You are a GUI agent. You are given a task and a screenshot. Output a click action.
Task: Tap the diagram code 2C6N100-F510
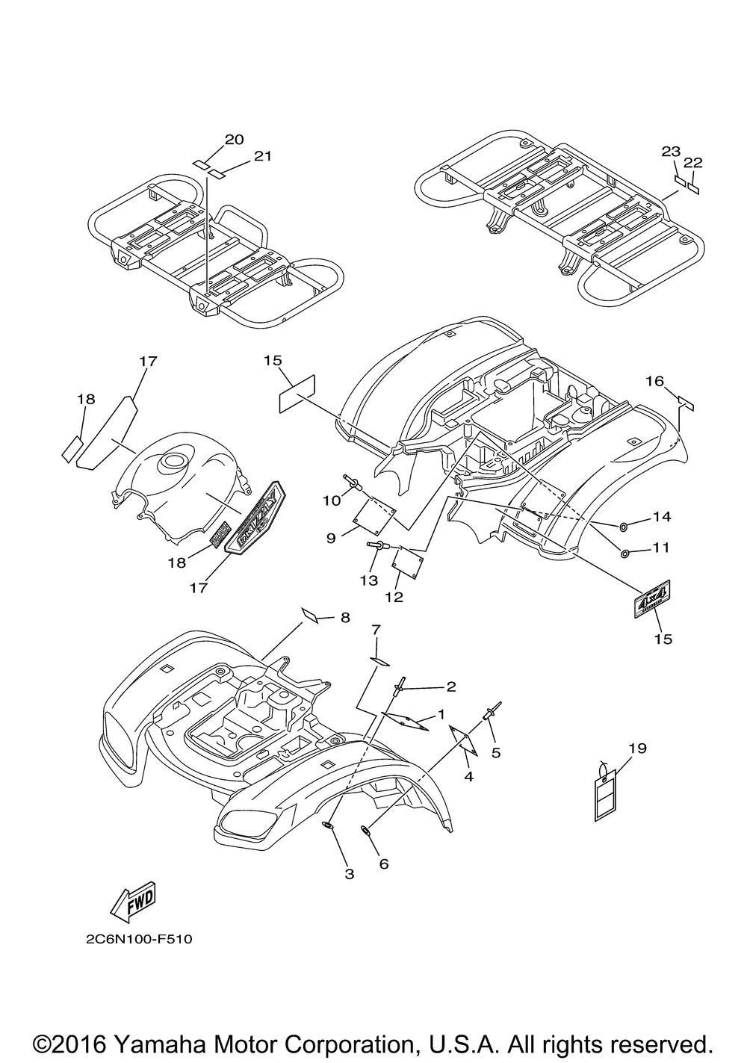point(138,939)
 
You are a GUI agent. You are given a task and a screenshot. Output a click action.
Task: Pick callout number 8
point(344,617)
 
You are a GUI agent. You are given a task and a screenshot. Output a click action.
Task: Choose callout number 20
point(213,139)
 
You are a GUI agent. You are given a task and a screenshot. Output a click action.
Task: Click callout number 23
point(666,151)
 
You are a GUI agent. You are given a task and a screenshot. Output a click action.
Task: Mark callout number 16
point(654,382)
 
